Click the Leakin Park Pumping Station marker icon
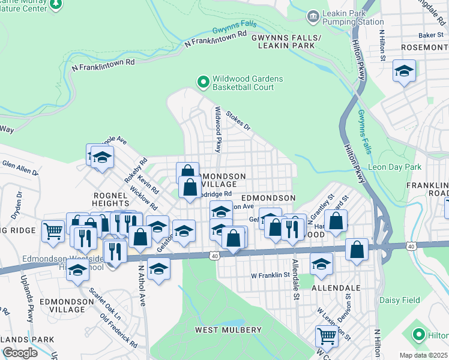pos(313,17)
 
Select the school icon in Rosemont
pos(404,71)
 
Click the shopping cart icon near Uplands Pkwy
pos(53,230)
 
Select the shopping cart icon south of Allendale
pos(326,335)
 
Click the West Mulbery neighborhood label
pos(228,330)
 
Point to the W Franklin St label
pos(270,275)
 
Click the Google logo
pos(20,353)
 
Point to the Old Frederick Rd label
pos(118,332)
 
